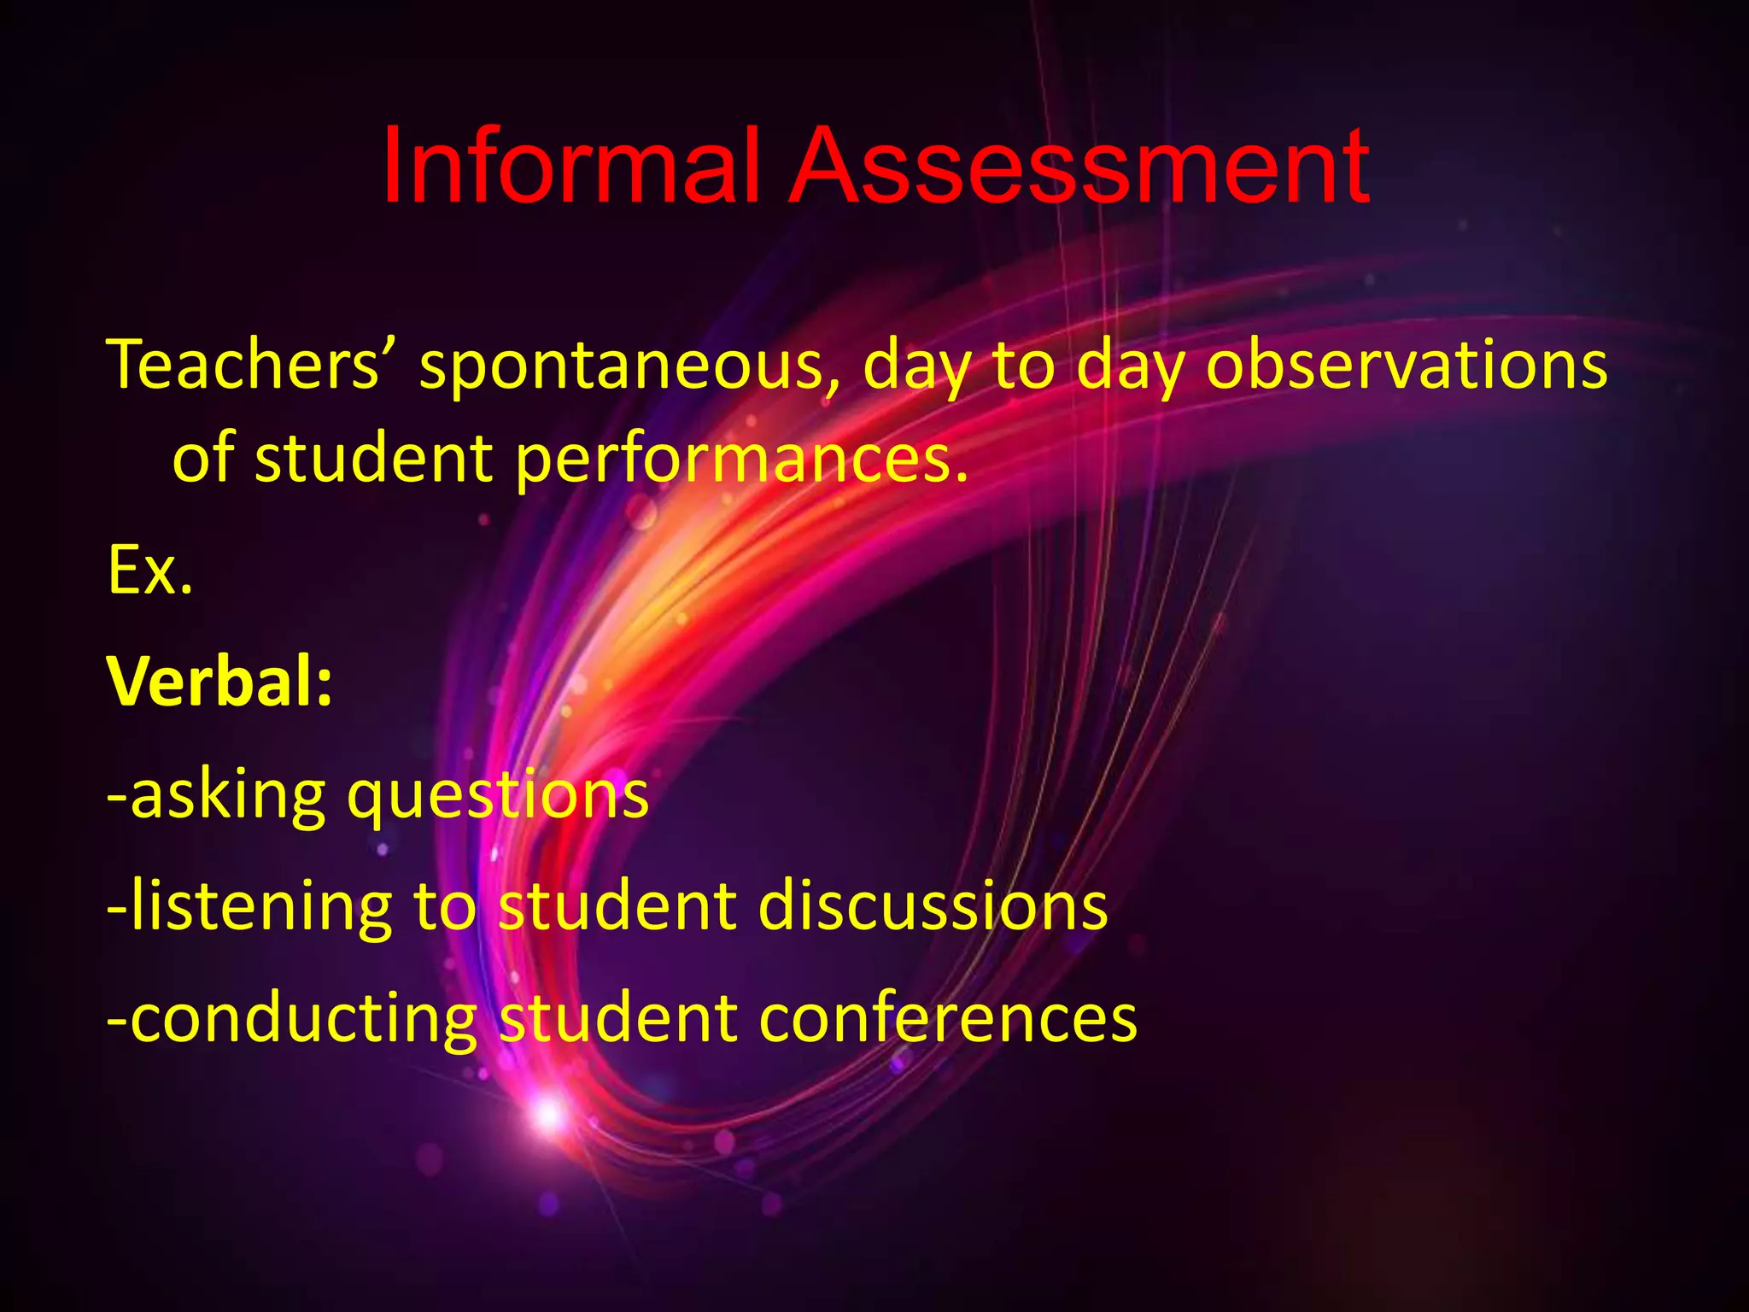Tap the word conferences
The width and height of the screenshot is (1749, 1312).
click(x=948, y=1018)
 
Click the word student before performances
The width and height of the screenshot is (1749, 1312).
click(x=374, y=459)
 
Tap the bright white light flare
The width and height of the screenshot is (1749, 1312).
click(x=547, y=1114)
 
